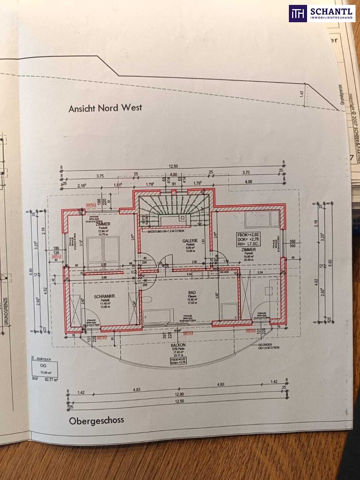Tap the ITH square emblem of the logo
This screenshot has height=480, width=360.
(297, 13)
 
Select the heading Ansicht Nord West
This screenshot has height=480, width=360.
(105, 108)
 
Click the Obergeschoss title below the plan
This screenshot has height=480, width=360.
(96, 420)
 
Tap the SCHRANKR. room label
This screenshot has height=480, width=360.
(105, 296)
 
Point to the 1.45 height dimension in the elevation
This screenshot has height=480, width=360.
(302, 94)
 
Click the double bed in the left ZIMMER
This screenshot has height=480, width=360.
(103, 253)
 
